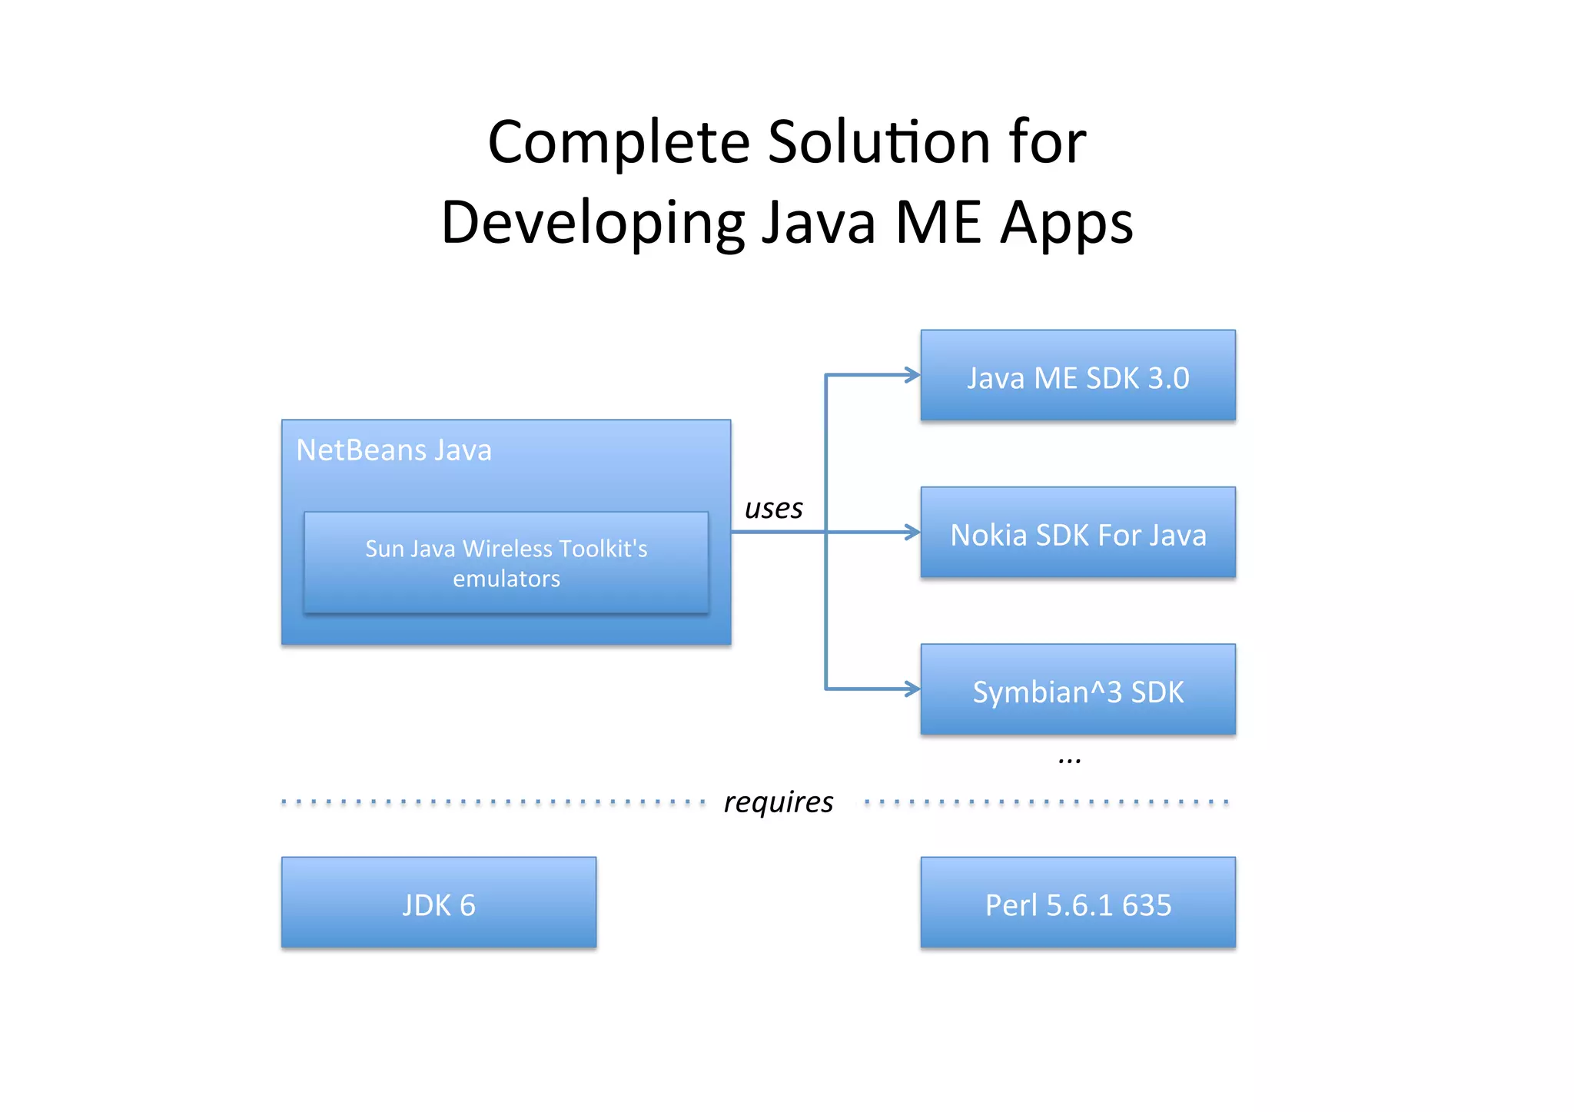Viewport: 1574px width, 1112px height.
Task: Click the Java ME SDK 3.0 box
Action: (1078, 376)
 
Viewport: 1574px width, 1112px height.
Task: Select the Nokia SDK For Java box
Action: (1078, 533)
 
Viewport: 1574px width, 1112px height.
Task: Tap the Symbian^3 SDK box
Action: (1078, 689)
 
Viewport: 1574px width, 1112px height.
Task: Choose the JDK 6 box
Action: (439, 903)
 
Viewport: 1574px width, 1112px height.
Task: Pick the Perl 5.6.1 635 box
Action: (1078, 903)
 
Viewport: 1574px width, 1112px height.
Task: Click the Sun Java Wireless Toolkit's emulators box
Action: (506, 563)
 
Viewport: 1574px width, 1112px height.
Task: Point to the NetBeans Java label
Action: (393, 450)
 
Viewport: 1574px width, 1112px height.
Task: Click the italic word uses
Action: (773, 509)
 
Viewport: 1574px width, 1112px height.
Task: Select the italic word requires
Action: (778, 802)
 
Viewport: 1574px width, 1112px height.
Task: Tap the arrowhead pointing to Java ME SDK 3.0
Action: (912, 376)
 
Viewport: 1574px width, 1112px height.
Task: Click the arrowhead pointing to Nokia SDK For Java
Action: (912, 533)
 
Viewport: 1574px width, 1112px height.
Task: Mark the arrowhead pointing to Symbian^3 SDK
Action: (912, 689)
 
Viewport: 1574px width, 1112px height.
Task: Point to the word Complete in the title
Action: (619, 143)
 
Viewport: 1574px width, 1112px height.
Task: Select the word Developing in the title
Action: (593, 224)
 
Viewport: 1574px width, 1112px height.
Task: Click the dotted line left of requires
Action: (493, 802)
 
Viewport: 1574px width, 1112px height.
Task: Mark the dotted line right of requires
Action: (1046, 802)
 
